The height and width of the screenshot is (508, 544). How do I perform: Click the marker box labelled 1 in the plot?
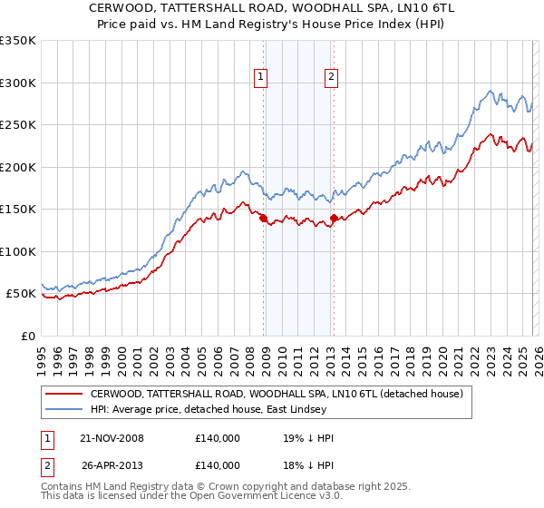pos(261,78)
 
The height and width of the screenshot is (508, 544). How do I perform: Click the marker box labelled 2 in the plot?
pos(331,78)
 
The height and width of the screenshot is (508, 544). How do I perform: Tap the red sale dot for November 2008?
pos(264,219)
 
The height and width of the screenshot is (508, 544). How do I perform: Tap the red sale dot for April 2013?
pos(335,218)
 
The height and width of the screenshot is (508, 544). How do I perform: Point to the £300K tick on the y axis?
pos(18,83)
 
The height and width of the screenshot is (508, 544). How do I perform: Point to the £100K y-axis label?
pos(18,251)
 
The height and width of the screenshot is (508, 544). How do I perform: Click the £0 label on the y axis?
pos(27,336)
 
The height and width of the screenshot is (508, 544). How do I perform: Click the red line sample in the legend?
pos(64,394)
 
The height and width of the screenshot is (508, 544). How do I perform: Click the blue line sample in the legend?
pos(64,410)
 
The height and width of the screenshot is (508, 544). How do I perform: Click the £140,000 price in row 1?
pos(218,438)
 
